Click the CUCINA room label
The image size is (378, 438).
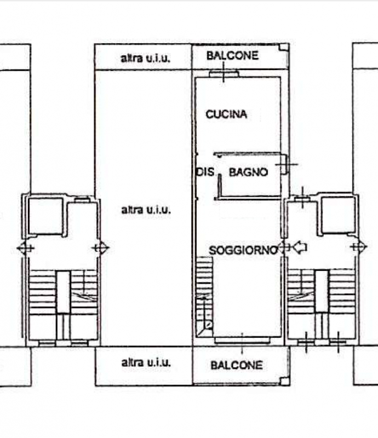pyautogui.click(x=226, y=114)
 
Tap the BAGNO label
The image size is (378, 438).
pyautogui.click(x=248, y=172)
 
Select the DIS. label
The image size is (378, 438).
pyautogui.click(x=205, y=172)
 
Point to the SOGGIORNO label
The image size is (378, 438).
pyautogui.click(x=243, y=250)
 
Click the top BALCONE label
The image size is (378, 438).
pyautogui.click(x=232, y=56)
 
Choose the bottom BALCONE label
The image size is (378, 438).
pyautogui.click(x=237, y=365)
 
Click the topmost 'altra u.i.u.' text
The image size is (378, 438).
pyautogui.click(x=145, y=58)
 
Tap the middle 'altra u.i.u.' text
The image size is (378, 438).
pyautogui.click(x=146, y=210)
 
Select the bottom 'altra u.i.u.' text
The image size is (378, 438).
pyautogui.click(x=146, y=362)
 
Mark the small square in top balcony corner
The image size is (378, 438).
pyautogui.click(x=284, y=47)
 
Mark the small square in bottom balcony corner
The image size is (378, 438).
pyautogui.click(x=285, y=381)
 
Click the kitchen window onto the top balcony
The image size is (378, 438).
pyautogui.click(x=224, y=74)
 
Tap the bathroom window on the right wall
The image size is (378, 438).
pyautogui.click(x=284, y=165)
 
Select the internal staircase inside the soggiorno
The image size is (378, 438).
pyautogui.click(x=204, y=296)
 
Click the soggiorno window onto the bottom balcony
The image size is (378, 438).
pyautogui.click(x=242, y=340)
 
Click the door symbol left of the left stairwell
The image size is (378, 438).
pyautogui.click(x=25, y=248)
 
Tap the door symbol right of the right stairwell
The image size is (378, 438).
pyautogui.click(x=359, y=247)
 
